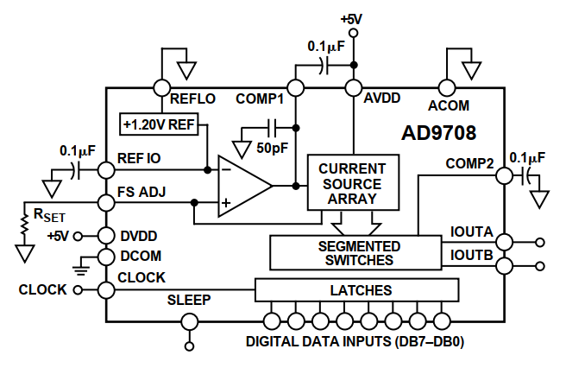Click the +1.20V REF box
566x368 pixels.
159,124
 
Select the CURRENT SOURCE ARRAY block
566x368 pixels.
353,182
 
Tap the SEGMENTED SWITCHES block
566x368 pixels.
355,253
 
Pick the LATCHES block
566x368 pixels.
357,290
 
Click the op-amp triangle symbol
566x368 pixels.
245,187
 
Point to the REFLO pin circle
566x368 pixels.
161,88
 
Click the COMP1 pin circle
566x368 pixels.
296,88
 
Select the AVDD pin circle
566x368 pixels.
354,88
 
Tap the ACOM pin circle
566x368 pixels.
447,88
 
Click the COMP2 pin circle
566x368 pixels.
504,176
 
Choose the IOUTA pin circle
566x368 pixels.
504,242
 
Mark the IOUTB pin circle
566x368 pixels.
504,266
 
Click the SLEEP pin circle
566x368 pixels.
190,321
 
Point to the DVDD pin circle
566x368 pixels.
106,236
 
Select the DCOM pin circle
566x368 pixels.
106,257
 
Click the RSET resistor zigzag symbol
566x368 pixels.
24,225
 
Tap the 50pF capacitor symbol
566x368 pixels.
273,128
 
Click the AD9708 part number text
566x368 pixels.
438,133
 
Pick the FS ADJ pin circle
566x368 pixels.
106,203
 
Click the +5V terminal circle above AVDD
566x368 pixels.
354,33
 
